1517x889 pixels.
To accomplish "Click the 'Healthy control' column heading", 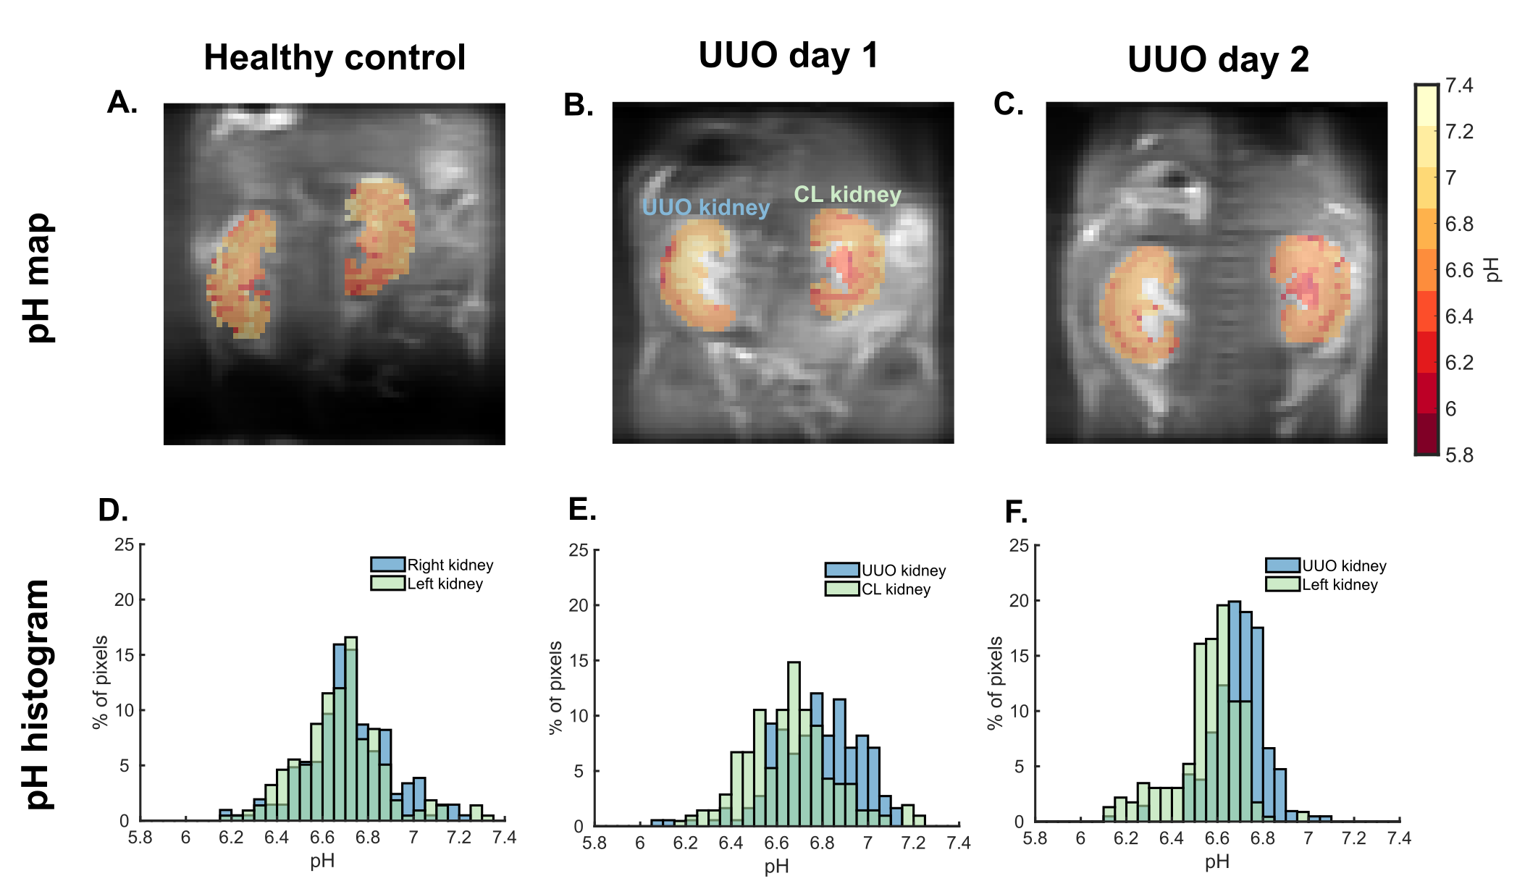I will coord(335,57).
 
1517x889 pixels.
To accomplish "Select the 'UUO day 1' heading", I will coord(789,56).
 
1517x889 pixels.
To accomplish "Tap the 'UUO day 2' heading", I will coord(1218,59).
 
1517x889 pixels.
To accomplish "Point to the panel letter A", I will coord(122,103).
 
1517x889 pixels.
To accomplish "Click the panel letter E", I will coord(582,510).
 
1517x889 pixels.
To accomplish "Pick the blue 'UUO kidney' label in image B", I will coord(705,208).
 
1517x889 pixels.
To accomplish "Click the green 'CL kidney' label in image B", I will coord(847,194).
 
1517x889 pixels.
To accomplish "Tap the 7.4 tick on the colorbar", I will coord(1458,86).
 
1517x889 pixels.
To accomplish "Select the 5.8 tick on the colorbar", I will coord(1458,455).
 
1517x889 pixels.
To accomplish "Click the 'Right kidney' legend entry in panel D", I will coord(450,565).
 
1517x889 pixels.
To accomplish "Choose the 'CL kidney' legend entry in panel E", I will coord(896,589).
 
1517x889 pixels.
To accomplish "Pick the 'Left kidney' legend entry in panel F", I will coord(1340,584).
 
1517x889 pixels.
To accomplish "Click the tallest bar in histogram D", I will coord(351,728).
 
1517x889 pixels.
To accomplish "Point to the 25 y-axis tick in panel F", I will coord(1019,545).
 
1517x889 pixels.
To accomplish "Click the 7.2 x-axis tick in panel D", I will coord(459,838).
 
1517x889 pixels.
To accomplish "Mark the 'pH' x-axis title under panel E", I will coord(776,866).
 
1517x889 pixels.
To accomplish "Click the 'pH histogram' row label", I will coord(38,694).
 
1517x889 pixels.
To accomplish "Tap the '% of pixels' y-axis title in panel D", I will coord(101,682).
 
